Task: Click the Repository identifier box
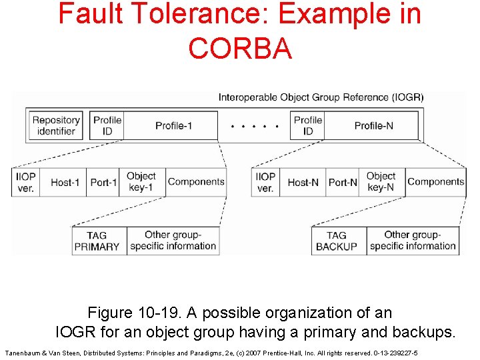[56, 125]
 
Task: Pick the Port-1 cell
[103, 182]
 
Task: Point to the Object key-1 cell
[141, 182]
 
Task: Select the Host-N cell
[303, 182]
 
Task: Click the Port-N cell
[343, 182]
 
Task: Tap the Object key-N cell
[381, 182]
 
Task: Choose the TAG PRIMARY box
[97, 241]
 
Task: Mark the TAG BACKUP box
[337, 241]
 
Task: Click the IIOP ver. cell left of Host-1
[26, 182]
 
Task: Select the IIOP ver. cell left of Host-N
[265, 182]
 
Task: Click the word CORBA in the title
[240, 48]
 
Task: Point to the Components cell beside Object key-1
[196, 181]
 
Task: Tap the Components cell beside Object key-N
[436, 181]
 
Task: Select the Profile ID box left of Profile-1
[107, 125]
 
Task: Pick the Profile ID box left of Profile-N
[307, 125]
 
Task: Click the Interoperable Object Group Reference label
[321, 97]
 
